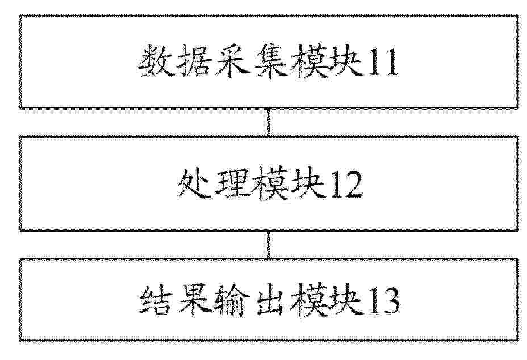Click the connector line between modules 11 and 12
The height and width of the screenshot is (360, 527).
[x=269, y=122]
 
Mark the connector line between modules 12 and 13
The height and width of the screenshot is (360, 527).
[x=269, y=245]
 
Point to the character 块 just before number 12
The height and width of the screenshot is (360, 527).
[x=308, y=184]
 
